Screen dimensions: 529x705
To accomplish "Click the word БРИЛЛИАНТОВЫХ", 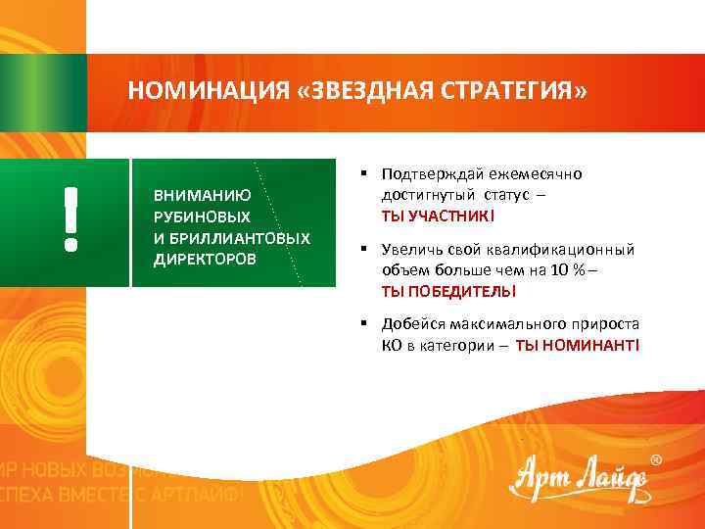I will (240, 238).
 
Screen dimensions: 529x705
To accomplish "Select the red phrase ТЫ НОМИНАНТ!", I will (578, 346).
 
